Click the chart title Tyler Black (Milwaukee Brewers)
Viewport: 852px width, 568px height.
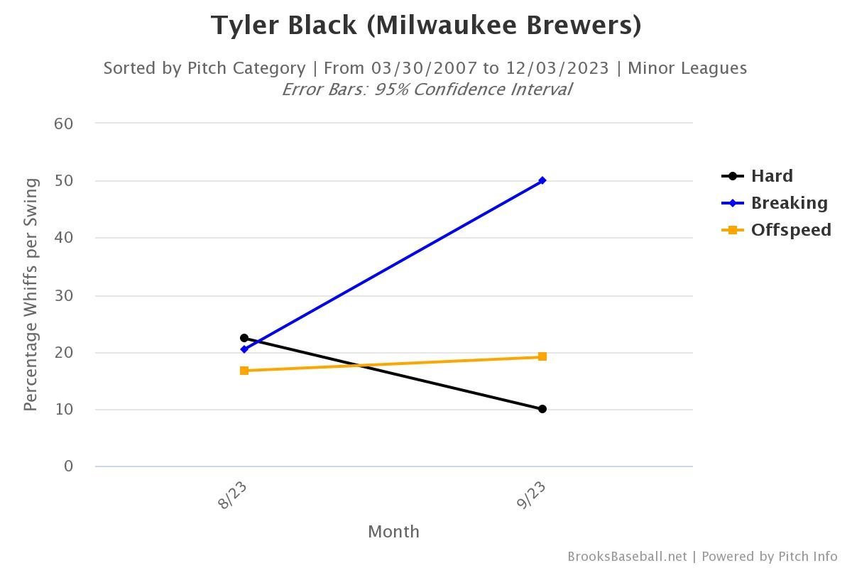coord(426,26)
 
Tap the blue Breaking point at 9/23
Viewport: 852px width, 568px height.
coord(542,181)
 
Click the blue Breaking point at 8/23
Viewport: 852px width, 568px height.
coord(244,349)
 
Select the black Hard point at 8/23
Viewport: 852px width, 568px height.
coord(244,338)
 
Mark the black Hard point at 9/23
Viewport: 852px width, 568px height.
coord(542,409)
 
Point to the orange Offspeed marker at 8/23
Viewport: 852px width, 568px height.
coord(244,371)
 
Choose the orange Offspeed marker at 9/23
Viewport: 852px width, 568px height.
coord(542,356)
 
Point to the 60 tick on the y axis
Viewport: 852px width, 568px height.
coord(64,124)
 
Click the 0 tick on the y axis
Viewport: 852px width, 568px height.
coord(69,466)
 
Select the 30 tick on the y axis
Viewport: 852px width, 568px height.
coord(64,295)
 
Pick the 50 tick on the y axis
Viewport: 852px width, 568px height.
coord(64,181)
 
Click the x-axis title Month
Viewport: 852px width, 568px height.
coord(393,532)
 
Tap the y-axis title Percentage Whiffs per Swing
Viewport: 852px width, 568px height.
coord(31,295)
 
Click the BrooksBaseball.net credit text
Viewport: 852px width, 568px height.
coord(627,557)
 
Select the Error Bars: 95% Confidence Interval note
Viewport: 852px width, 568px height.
coord(426,89)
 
